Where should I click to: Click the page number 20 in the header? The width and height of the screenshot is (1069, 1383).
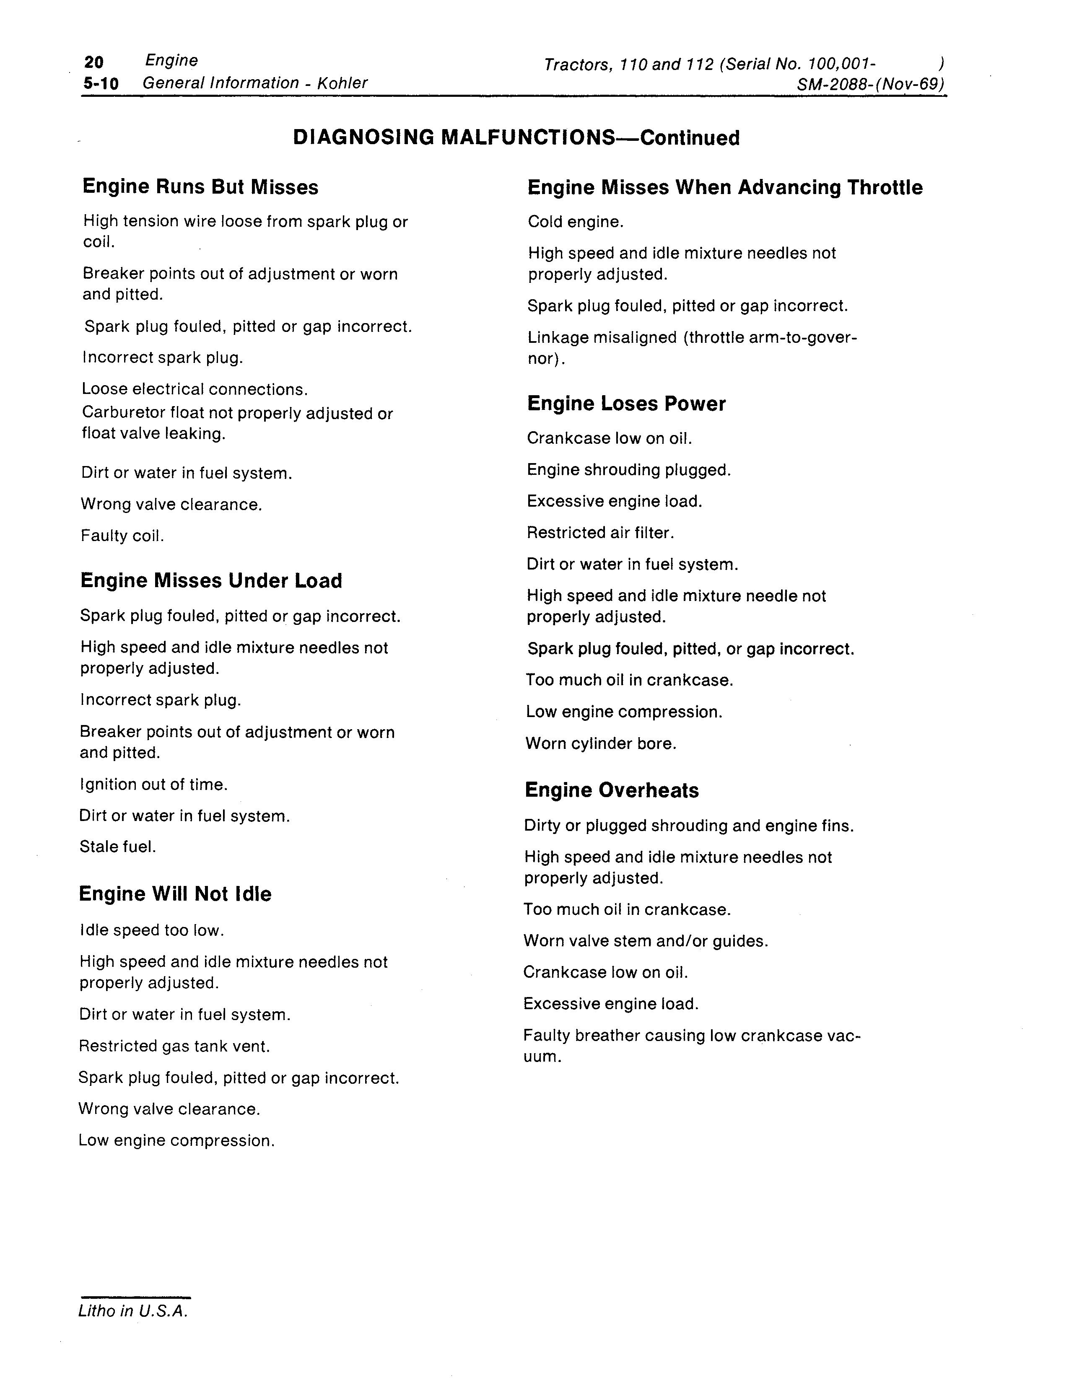94,62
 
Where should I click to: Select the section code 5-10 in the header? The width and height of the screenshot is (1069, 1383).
101,83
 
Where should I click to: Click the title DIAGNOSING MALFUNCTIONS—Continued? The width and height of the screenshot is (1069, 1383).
516,137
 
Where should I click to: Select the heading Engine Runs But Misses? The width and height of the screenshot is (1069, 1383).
200,187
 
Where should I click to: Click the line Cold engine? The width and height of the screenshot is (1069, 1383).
576,222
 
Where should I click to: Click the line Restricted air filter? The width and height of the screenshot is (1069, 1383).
600,533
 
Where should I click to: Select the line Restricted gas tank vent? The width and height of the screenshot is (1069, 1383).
174,1046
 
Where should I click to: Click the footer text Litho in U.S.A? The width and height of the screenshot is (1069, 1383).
133,1311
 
